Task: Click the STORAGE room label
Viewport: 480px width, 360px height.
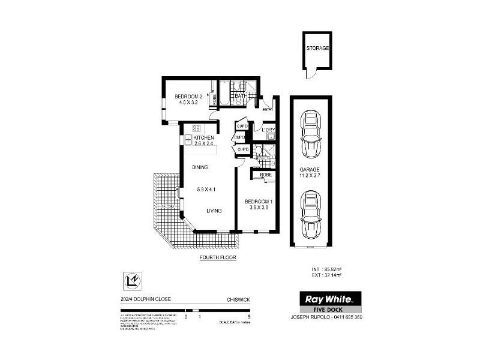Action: click(317, 48)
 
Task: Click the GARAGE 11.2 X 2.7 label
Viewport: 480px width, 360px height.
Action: click(310, 173)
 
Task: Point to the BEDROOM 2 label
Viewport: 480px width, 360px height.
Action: click(188, 97)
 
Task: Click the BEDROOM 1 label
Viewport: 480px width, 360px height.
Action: click(259, 201)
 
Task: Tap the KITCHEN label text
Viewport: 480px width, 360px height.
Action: click(203, 138)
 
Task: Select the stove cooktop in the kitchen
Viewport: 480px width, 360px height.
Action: click(196, 128)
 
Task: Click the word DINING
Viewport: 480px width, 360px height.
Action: click(200, 167)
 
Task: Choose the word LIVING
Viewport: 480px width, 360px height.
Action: click(215, 211)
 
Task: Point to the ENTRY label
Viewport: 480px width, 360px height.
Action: click(267, 109)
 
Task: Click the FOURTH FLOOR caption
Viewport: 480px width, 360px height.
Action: click(218, 257)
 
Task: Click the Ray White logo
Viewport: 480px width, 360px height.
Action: click(330, 298)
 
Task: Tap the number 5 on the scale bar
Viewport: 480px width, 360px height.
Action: click(248, 316)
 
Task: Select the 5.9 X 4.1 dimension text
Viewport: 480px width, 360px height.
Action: click(206, 190)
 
